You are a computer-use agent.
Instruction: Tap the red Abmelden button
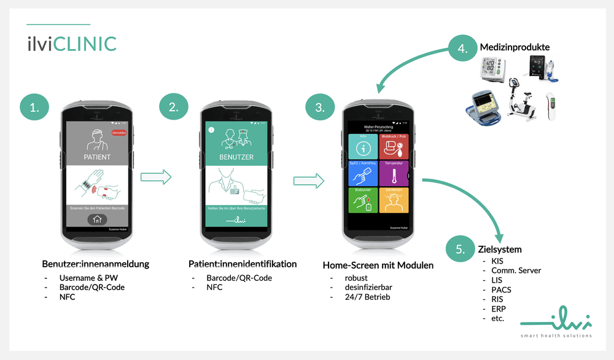[x=119, y=132]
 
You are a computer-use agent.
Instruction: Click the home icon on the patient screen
[x=97, y=220]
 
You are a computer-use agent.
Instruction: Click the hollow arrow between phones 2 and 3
[x=309, y=181]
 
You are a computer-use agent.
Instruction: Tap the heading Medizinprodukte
[x=515, y=47]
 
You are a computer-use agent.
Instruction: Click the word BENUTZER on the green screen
[x=236, y=157]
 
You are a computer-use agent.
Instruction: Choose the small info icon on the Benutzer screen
[x=211, y=130]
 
